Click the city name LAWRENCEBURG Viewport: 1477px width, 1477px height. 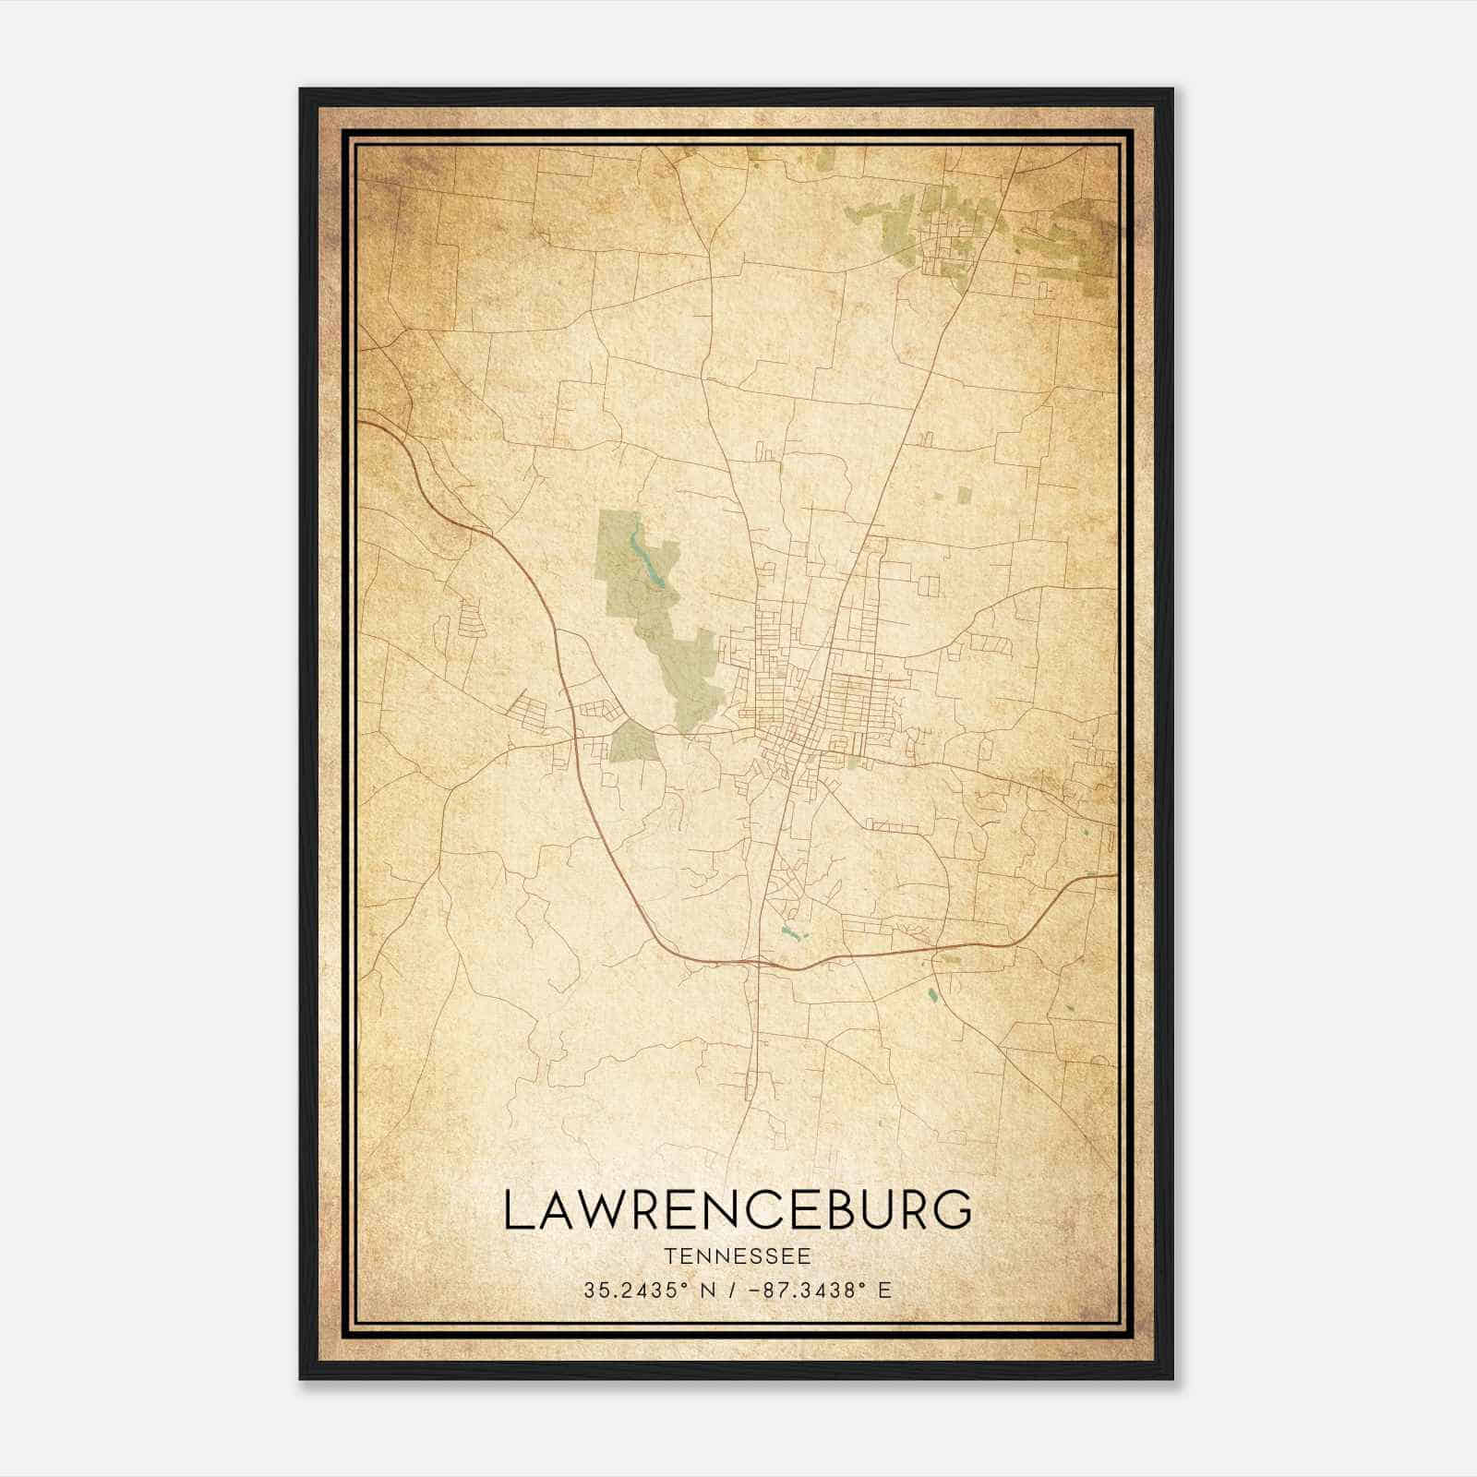(x=738, y=1209)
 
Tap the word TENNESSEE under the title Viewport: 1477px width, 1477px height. (x=738, y=1256)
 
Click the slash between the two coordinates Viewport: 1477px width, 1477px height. (x=732, y=1290)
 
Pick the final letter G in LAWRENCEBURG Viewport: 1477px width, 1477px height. (x=952, y=1209)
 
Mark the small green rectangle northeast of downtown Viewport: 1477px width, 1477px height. (x=965, y=494)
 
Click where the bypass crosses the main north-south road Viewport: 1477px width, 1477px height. (x=758, y=963)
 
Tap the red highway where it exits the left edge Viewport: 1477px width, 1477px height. (x=363, y=422)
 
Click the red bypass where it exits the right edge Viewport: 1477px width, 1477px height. (x=1114, y=875)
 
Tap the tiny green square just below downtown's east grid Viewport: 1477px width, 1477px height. (x=854, y=762)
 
